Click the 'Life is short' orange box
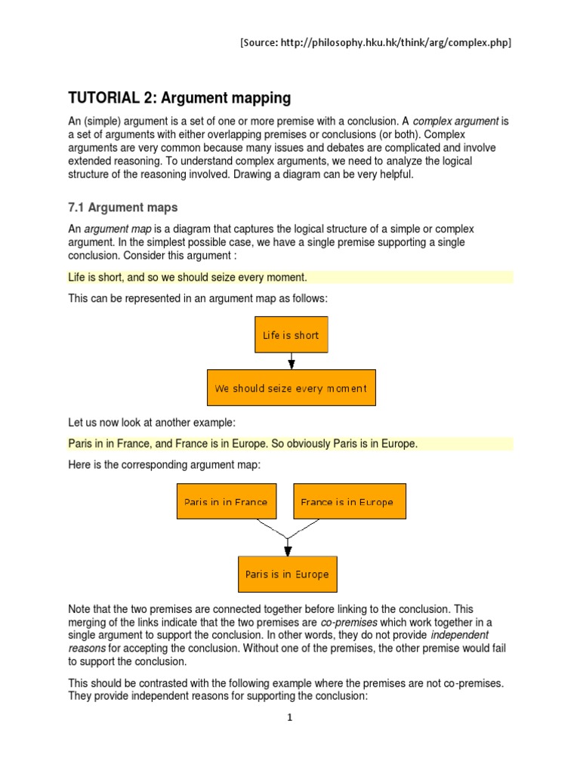coord(291,335)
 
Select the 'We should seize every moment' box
coord(291,388)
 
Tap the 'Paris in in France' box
coord(226,502)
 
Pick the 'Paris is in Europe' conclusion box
coord(287,574)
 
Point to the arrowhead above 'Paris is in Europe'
coord(287,550)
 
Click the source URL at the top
coord(375,43)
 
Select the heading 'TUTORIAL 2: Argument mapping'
coord(179,98)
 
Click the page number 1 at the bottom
coord(289,718)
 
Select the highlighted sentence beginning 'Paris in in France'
coord(242,444)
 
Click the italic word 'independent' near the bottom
coord(459,635)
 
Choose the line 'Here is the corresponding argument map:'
coord(164,465)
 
